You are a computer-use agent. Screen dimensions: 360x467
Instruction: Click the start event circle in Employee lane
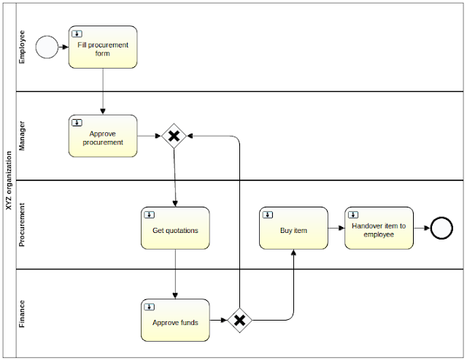[47, 47]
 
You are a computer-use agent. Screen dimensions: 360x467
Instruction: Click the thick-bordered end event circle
[441, 228]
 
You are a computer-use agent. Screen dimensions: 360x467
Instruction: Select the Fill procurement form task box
[103, 47]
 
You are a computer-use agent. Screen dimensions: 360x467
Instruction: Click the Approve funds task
[175, 321]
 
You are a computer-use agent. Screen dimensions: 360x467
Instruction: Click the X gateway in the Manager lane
[174, 136]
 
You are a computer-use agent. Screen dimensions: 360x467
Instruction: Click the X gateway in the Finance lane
[239, 320]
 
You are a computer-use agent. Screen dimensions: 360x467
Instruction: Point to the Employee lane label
[22, 47]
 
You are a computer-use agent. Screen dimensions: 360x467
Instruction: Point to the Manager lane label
[22, 136]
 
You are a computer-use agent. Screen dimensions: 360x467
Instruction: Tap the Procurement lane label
[22, 225]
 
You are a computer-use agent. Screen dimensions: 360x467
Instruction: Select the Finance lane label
[22, 314]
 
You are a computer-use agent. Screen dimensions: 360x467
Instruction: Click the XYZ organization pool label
[8, 180]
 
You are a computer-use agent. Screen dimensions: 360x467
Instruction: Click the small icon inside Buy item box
[268, 215]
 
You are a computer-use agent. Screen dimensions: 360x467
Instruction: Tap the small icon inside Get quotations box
[150, 215]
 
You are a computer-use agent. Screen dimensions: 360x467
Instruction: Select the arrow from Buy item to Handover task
[336, 228]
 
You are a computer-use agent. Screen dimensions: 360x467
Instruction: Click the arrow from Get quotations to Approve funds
[175, 274]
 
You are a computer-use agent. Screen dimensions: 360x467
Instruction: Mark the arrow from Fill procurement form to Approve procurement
[103, 91]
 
